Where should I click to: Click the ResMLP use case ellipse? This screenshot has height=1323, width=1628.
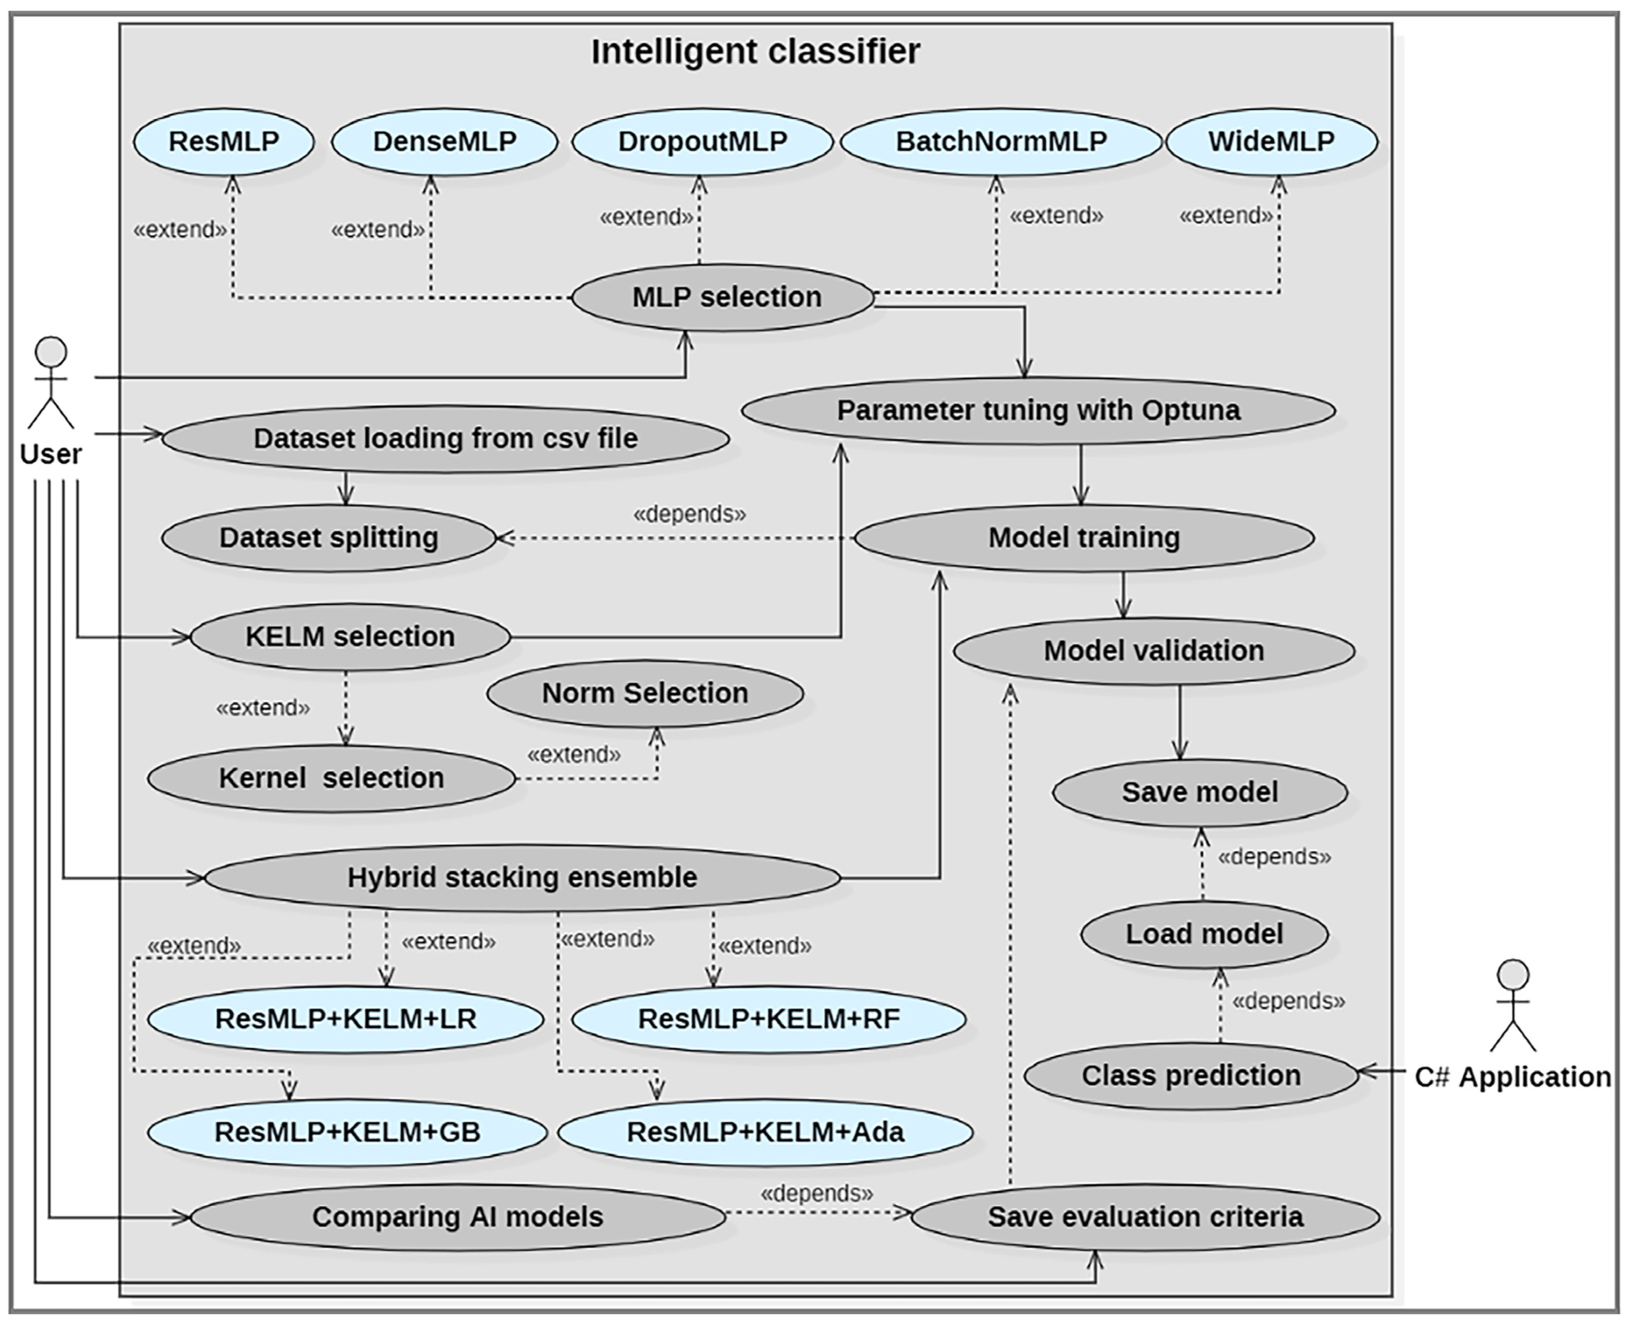(223, 142)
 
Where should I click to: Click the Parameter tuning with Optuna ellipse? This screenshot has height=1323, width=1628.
(1038, 411)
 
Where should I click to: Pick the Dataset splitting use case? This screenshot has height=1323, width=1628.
(328, 538)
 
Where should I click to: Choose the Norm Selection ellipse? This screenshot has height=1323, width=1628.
(645, 694)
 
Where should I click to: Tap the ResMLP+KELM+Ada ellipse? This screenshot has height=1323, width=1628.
(765, 1132)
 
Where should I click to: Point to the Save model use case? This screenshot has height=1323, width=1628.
(1200, 793)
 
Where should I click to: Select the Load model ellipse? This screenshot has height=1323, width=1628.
(1204, 934)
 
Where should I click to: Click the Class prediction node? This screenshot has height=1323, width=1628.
(1191, 1076)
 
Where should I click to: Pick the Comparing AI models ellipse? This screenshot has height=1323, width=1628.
(457, 1217)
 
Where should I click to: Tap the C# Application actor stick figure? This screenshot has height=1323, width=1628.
(1513, 1006)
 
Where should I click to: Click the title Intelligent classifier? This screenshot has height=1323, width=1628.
(755, 52)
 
